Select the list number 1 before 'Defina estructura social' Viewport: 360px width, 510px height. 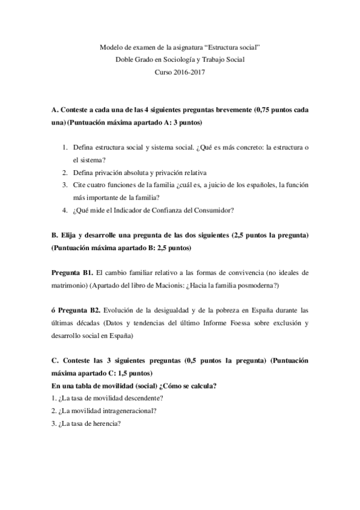tap(65, 147)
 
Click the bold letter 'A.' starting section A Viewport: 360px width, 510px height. tap(55, 110)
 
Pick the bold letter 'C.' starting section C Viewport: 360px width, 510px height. tap(55, 361)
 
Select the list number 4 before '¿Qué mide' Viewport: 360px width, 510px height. tap(65, 210)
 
